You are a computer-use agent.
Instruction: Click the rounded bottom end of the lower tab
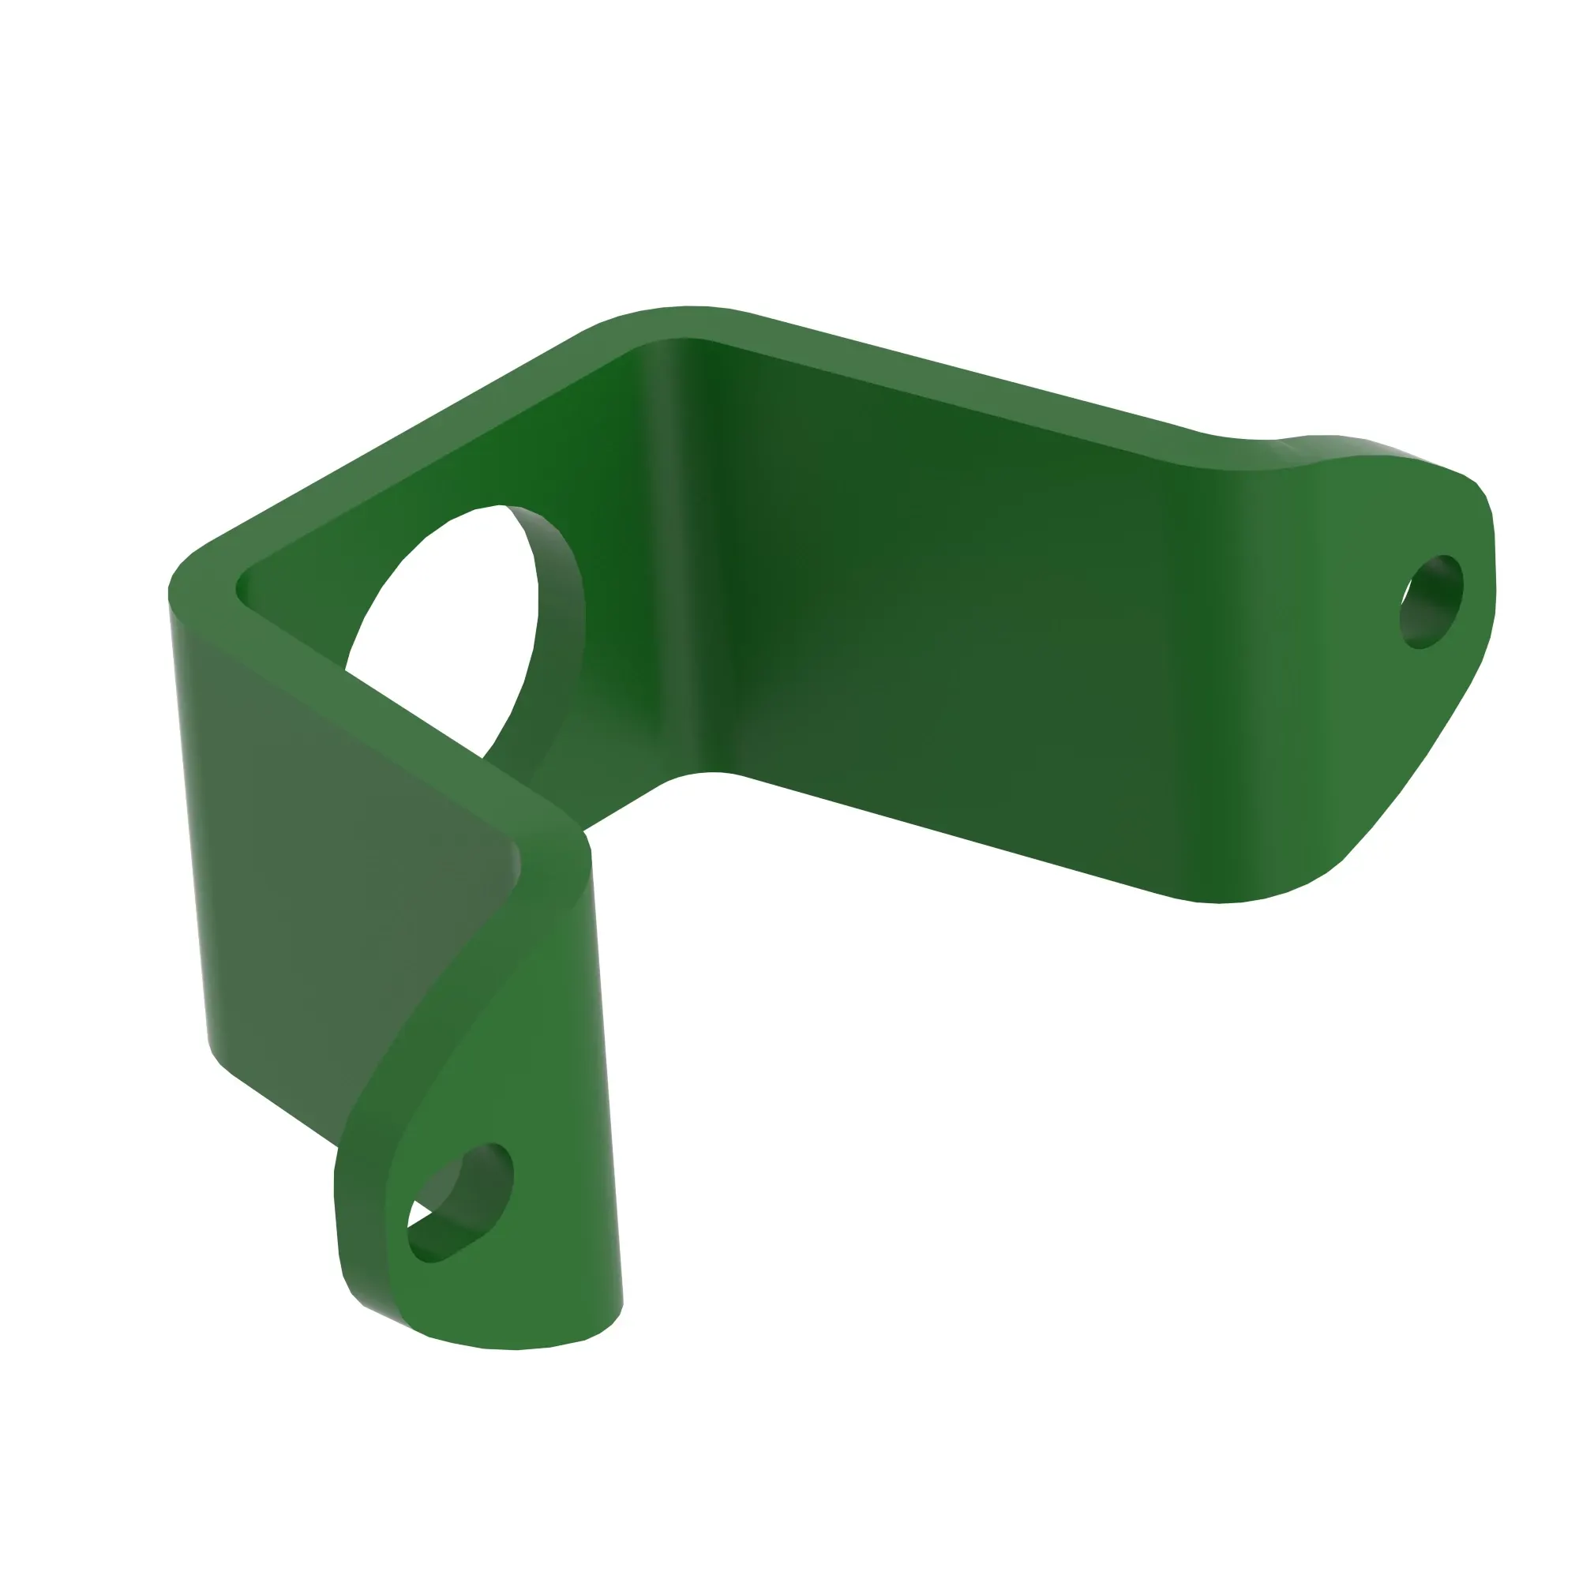(x=515, y=1341)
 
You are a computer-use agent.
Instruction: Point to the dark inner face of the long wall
(x=940, y=621)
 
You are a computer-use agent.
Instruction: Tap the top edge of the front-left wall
(x=368, y=703)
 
